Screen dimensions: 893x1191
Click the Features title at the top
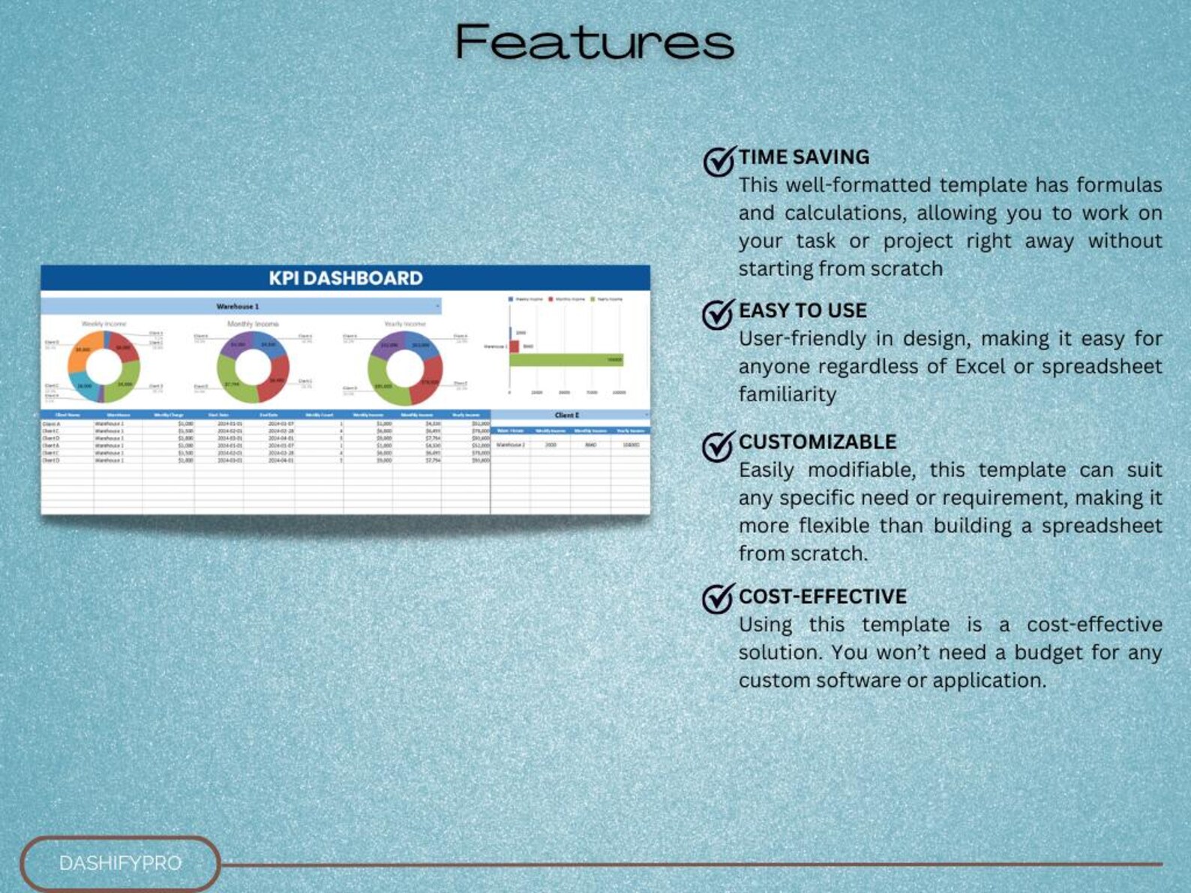594,42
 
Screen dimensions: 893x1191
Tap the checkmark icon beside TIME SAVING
718,160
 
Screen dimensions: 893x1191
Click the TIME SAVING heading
804,157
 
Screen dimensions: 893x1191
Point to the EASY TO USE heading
802,310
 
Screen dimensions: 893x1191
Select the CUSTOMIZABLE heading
817,442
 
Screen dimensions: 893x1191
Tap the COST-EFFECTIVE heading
823,597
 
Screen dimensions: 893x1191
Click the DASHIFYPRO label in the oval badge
120,863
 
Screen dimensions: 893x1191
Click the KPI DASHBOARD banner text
346,278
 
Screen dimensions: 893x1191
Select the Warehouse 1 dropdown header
238,307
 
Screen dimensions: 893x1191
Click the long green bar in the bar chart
565,360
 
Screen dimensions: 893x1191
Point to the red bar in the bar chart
514,346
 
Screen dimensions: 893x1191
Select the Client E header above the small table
567,415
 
